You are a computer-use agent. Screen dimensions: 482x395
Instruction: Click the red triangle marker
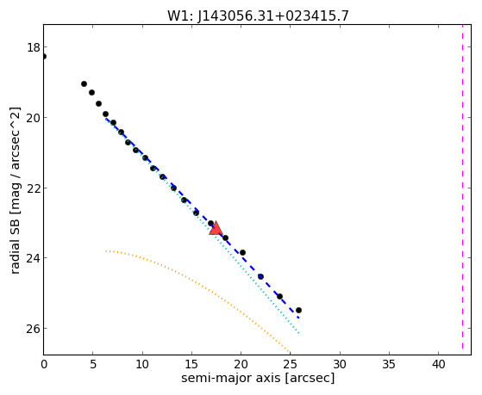tap(216, 228)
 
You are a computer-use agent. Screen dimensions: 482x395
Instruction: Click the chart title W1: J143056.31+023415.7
tap(258, 15)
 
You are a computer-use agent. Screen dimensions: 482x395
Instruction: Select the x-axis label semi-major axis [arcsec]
tap(258, 378)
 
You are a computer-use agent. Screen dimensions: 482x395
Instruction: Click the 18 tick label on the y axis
tap(33, 47)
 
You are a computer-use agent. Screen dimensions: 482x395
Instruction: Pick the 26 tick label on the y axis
tap(33, 329)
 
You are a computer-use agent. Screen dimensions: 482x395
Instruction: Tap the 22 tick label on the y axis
tap(33, 188)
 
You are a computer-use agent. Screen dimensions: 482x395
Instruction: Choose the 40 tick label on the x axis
tap(438, 365)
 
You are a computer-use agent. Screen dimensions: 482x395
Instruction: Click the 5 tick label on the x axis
tap(93, 365)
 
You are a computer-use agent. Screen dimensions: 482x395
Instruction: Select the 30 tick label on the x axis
tap(340, 365)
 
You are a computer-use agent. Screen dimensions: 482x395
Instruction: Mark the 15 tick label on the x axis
tap(191, 365)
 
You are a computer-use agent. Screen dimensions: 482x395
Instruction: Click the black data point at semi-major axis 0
tap(44, 56)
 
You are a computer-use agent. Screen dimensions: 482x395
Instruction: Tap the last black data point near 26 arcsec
tap(298, 311)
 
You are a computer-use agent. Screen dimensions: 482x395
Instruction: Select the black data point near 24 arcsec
tap(279, 297)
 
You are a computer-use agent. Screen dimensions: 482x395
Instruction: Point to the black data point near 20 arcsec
tap(242, 253)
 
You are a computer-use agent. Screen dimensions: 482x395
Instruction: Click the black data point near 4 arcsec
tap(84, 83)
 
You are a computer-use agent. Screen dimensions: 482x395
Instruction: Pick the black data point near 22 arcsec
tap(260, 276)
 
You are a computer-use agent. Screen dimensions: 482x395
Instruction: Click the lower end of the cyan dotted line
tap(298, 333)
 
